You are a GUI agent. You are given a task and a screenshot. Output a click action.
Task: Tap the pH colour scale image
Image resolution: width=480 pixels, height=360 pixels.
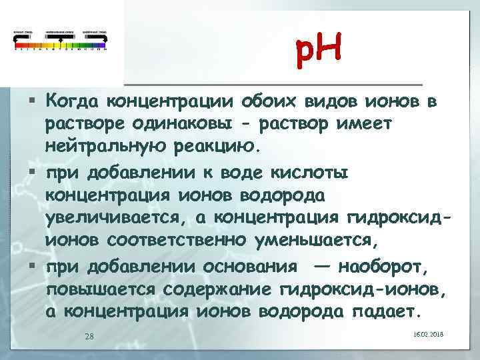[60, 40]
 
